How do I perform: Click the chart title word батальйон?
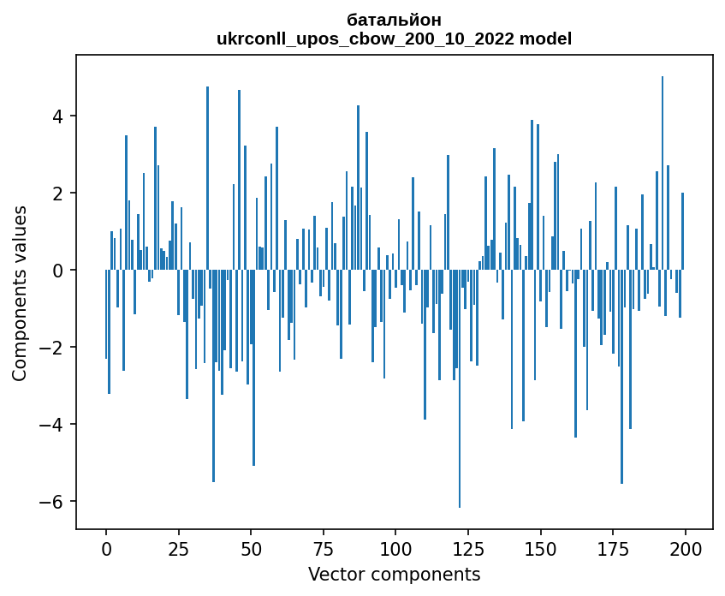395,20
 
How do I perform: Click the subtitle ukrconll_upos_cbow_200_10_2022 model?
395,39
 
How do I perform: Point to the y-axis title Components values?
20,293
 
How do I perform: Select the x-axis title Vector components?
395,574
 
